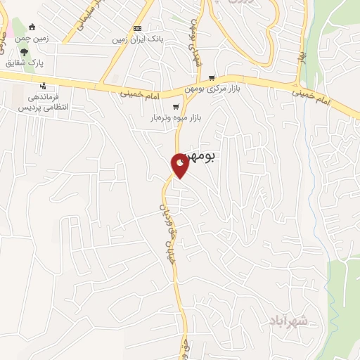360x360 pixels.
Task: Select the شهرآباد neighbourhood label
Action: [x=288, y=321]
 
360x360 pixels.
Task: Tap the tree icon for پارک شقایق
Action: [x=25, y=52]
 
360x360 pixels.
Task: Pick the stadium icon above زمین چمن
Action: [x=32, y=27]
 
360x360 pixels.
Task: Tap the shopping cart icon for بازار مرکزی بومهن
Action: [x=211, y=79]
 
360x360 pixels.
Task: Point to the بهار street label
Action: [x=301, y=55]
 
